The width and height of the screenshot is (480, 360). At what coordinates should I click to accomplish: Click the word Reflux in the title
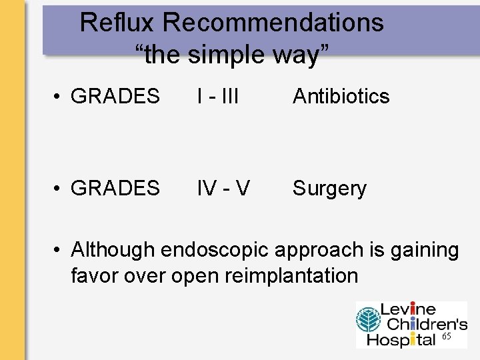[117, 23]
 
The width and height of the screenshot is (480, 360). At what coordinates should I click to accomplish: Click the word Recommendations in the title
[273, 23]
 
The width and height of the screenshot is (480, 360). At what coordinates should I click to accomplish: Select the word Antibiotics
[341, 97]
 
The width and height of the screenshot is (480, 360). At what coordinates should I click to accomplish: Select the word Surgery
[329, 189]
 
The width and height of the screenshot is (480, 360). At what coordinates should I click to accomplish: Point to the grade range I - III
[217, 97]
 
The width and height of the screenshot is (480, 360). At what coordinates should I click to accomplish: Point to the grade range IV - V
[223, 189]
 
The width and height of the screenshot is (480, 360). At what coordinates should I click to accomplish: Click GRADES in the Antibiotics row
[115, 97]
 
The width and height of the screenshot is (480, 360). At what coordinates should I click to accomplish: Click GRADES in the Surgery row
[115, 189]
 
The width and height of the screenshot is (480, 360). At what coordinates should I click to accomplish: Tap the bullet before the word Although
[59, 251]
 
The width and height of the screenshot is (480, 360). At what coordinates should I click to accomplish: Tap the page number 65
[447, 337]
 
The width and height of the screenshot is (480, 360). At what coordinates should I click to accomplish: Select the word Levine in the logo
[408, 310]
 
